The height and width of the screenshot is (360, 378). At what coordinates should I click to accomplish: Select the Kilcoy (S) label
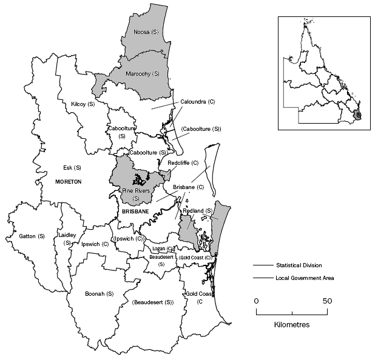pyautogui.click(x=83, y=104)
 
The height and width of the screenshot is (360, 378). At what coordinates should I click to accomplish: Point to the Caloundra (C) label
pyautogui.click(x=198, y=101)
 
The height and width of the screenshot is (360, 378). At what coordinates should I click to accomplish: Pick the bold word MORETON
pyautogui.click(x=67, y=182)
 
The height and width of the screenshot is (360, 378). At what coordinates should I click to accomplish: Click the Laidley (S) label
pyautogui.click(x=66, y=239)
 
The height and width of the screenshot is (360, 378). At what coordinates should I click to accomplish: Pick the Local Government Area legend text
pyautogui.click(x=305, y=278)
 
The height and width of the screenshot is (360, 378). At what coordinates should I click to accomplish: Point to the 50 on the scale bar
pyautogui.click(x=328, y=301)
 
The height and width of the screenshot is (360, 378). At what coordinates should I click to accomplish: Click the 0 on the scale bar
pyautogui.click(x=256, y=301)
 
